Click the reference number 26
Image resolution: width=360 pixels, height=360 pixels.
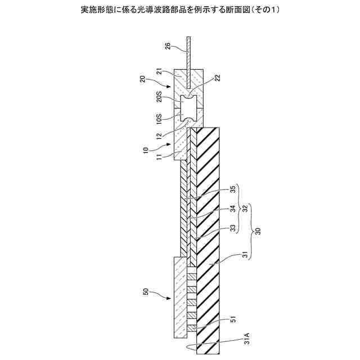click(x=168, y=46)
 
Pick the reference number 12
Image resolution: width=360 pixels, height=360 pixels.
click(x=159, y=137)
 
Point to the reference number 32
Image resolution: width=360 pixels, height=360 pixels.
click(x=245, y=208)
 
